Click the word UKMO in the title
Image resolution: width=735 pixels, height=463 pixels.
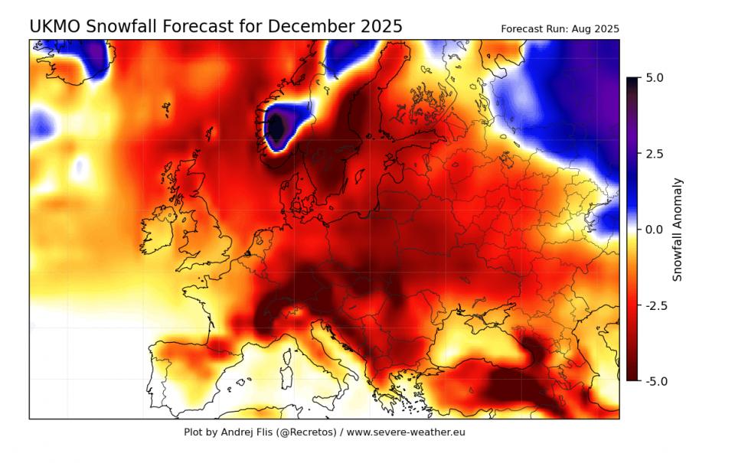(55, 27)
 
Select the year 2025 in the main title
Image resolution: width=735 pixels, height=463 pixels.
(381, 27)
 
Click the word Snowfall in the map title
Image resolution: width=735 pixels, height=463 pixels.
(121, 27)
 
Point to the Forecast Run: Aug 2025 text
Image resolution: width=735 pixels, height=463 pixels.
(560, 29)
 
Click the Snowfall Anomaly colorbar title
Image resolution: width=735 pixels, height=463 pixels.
(678, 230)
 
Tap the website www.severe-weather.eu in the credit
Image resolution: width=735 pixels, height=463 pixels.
(406, 432)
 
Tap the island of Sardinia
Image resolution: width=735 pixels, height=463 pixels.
(289, 365)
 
